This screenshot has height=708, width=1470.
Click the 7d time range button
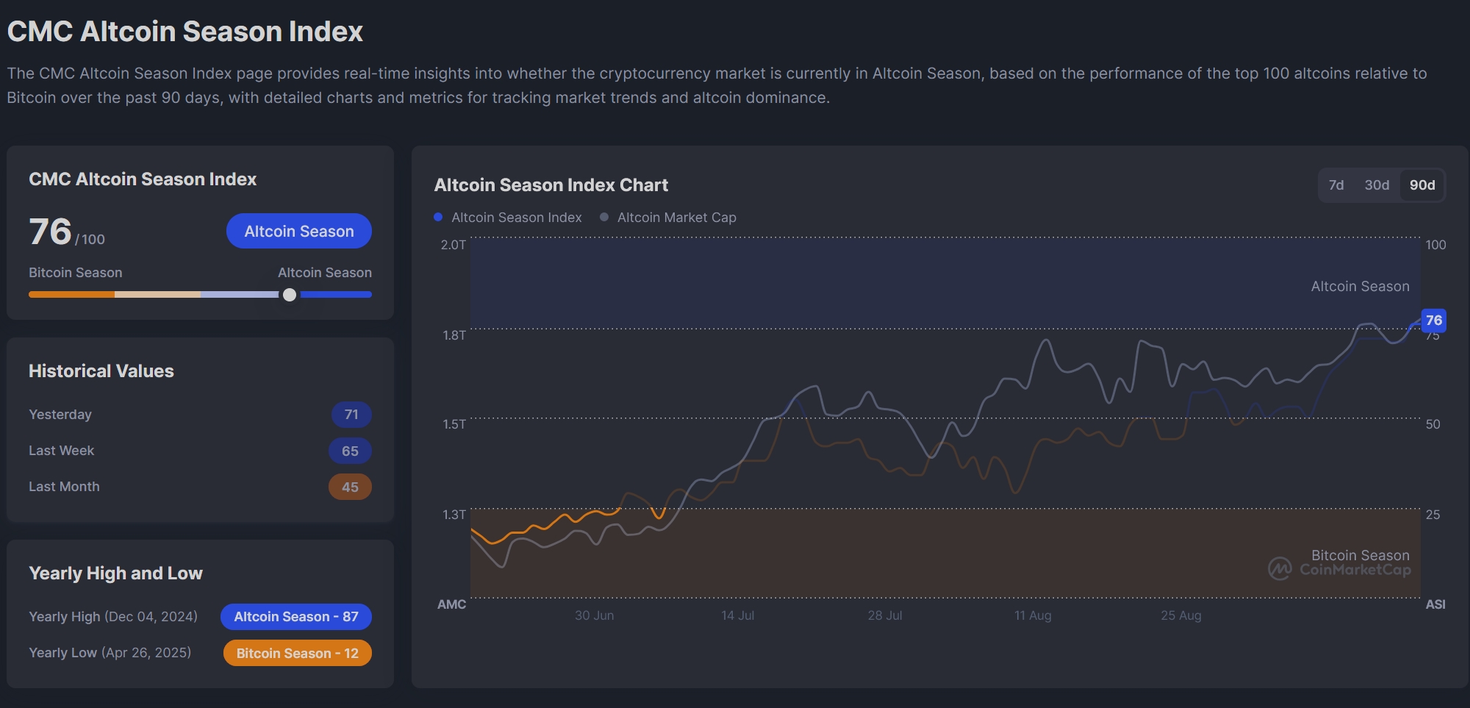[x=1336, y=185]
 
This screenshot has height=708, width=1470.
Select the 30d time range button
[x=1377, y=185]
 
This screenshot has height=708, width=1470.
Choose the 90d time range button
[x=1422, y=185]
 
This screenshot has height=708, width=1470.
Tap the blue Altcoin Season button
[x=299, y=231]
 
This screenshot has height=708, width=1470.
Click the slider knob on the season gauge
[x=290, y=295]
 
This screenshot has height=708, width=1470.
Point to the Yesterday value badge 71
[x=351, y=415]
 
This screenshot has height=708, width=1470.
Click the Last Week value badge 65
[x=350, y=451]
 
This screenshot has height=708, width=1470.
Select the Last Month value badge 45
[x=350, y=487]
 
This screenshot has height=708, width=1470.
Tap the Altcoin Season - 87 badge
[x=296, y=617]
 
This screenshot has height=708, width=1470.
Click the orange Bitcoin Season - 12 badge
[x=297, y=653]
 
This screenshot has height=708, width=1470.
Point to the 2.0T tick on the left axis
[x=453, y=245]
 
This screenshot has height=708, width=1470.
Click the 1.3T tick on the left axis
[x=453, y=515]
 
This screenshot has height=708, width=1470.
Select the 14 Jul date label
[x=737, y=615]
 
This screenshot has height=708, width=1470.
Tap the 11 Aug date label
[x=1033, y=615]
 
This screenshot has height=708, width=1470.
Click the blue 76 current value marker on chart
[x=1433, y=321]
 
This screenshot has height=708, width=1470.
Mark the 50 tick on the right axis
[x=1433, y=424]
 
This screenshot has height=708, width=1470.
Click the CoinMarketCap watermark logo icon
[x=1280, y=568]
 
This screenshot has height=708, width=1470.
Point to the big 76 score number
[x=50, y=232]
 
